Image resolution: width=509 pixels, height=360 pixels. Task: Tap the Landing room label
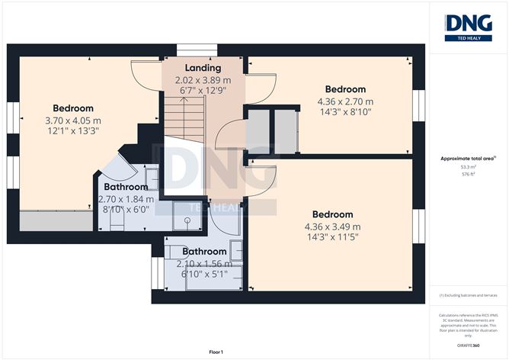tap(202, 68)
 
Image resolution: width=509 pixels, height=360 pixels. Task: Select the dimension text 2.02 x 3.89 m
tap(202, 79)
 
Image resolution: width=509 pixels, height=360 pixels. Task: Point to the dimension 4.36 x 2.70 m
tap(344, 101)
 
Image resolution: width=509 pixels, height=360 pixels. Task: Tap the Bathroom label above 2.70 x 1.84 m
tap(126, 187)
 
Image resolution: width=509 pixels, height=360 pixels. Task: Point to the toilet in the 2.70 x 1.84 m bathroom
tap(116, 221)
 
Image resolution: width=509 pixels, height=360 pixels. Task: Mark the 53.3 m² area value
tap(468, 166)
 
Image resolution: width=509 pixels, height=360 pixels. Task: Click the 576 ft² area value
tap(468, 175)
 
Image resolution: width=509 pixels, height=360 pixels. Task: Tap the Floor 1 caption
tap(218, 352)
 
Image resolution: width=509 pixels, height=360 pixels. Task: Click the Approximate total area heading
tap(468, 158)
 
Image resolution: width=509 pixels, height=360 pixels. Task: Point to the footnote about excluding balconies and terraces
tap(468, 295)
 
